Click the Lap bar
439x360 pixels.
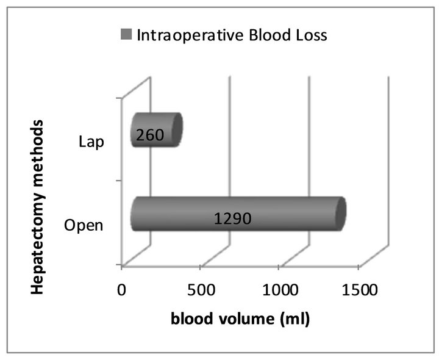coord(157,130)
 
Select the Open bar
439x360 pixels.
coord(238,214)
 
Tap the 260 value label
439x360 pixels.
coord(150,135)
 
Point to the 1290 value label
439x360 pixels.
coord(233,218)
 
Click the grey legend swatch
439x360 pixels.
coord(126,34)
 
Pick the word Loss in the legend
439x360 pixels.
coord(309,35)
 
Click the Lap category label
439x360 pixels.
coord(91,142)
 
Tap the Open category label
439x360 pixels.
coord(84,225)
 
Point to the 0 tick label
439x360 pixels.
coord(121,290)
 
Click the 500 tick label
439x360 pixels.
coord(201,290)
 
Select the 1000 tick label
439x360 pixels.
coord(280,290)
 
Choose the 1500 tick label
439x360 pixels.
coord(360,290)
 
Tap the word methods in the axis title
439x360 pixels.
coord(38,148)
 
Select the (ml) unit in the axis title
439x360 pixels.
coord(294,319)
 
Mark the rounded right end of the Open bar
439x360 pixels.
coord(341,214)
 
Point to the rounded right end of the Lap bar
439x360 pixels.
coord(177,129)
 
